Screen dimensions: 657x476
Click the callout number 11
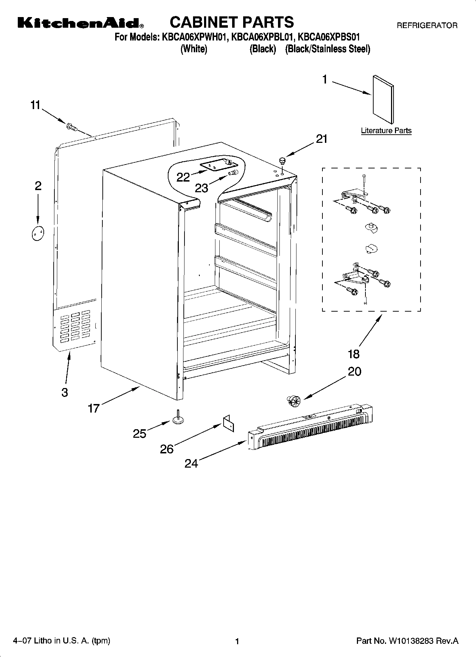(x=36, y=105)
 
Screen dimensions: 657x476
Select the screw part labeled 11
(x=71, y=126)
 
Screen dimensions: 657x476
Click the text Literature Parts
(x=386, y=131)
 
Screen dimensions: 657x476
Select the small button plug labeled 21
(x=283, y=161)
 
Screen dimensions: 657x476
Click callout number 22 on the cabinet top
(x=183, y=177)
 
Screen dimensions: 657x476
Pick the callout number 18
(x=354, y=354)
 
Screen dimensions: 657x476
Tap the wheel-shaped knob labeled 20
(x=293, y=400)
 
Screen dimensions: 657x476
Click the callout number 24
(x=191, y=463)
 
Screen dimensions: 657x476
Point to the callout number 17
(x=94, y=409)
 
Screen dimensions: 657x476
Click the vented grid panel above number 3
(x=75, y=326)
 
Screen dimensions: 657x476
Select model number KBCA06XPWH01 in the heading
(x=194, y=37)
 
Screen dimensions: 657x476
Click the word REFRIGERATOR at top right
(x=427, y=26)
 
